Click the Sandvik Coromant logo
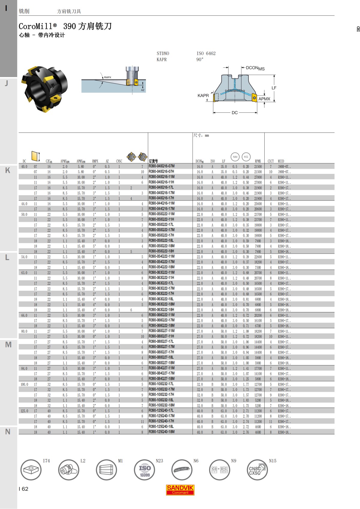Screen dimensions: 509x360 point(180,490)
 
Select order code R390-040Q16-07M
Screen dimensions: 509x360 point(161,166)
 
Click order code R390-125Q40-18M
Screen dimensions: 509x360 point(161,432)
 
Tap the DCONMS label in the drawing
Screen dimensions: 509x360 point(255,68)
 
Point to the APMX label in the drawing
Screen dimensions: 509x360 point(264,99)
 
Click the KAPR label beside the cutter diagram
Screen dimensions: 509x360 point(203,95)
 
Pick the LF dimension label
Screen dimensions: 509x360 point(274,88)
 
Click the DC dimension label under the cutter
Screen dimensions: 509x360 point(235,113)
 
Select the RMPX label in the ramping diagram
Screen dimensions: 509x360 point(107,77)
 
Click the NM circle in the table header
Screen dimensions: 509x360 point(235,157)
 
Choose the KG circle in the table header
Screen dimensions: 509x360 point(246,157)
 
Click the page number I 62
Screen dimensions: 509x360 point(23,489)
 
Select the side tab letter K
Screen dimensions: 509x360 point(7,170)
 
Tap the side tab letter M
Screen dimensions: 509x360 point(8,345)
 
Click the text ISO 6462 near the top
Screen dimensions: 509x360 point(206,53)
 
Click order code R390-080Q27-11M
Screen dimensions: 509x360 point(161,331)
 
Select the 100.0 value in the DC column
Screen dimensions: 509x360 point(24,384)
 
